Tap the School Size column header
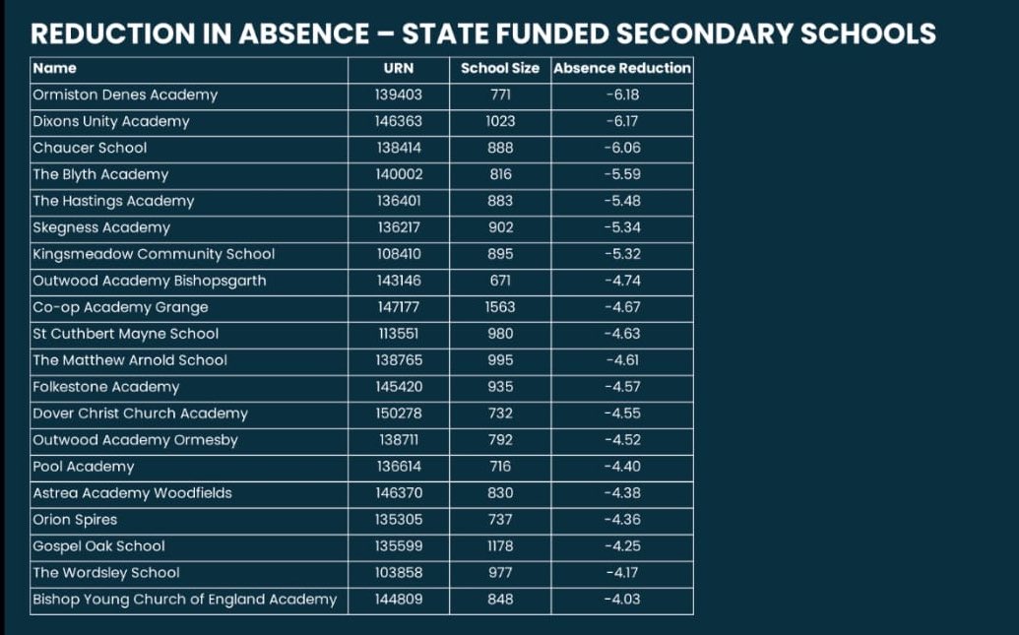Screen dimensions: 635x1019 pos(500,69)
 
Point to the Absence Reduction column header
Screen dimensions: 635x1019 pos(622,69)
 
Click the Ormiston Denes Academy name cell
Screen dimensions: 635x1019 pos(125,95)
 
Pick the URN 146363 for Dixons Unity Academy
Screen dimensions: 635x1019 pos(398,122)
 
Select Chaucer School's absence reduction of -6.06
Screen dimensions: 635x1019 pos(622,149)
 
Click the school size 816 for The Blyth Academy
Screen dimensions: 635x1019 pos(500,175)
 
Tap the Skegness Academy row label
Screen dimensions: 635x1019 pos(101,227)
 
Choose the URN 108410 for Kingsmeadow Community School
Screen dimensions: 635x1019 pos(398,254)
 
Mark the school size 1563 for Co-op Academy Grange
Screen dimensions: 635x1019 pos(500,307)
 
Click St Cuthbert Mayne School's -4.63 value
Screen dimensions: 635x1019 pos(622,334)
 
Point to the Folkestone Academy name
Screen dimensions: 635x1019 pos(106,387)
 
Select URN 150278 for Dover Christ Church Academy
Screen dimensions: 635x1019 pos(398,413)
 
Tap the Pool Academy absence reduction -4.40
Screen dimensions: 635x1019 pos(622,467)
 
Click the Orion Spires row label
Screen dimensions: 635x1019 pos(75,520)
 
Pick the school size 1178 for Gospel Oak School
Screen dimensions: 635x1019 pos(500,546)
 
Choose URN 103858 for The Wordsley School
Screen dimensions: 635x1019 pos(398,573)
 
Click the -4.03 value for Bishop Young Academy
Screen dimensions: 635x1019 pos(622,600)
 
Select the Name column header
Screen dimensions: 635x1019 pos(54,69)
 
